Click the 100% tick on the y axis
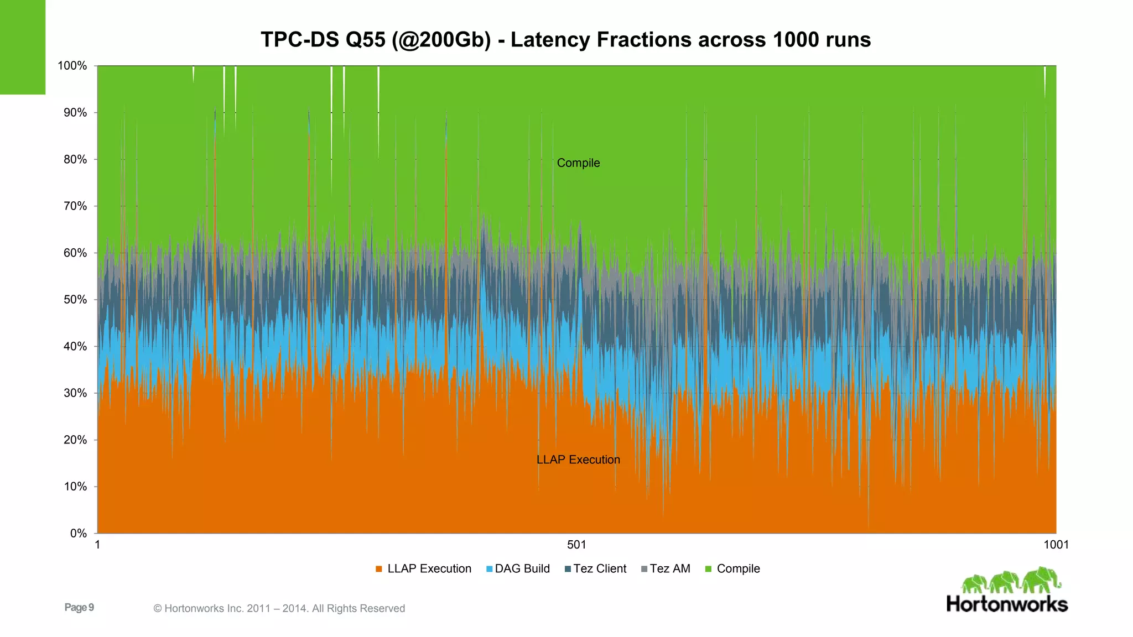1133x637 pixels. [72, 66]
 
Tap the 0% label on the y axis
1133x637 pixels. [79, 534]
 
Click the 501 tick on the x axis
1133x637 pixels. [576, 545]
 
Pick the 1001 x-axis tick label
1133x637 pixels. [1056, 545]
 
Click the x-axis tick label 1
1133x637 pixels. [97, 545]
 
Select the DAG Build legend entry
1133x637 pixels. [518, 569]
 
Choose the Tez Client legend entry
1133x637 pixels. [595, 569]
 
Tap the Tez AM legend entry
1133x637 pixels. [666, 569]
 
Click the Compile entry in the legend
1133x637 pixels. [733, 569]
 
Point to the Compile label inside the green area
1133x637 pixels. [578, 163]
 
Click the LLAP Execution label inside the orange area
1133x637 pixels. [578, 460]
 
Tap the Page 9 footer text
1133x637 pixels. [79, 608]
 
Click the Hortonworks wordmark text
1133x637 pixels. [1007, 604]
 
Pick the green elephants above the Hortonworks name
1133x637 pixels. [1011, 581]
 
